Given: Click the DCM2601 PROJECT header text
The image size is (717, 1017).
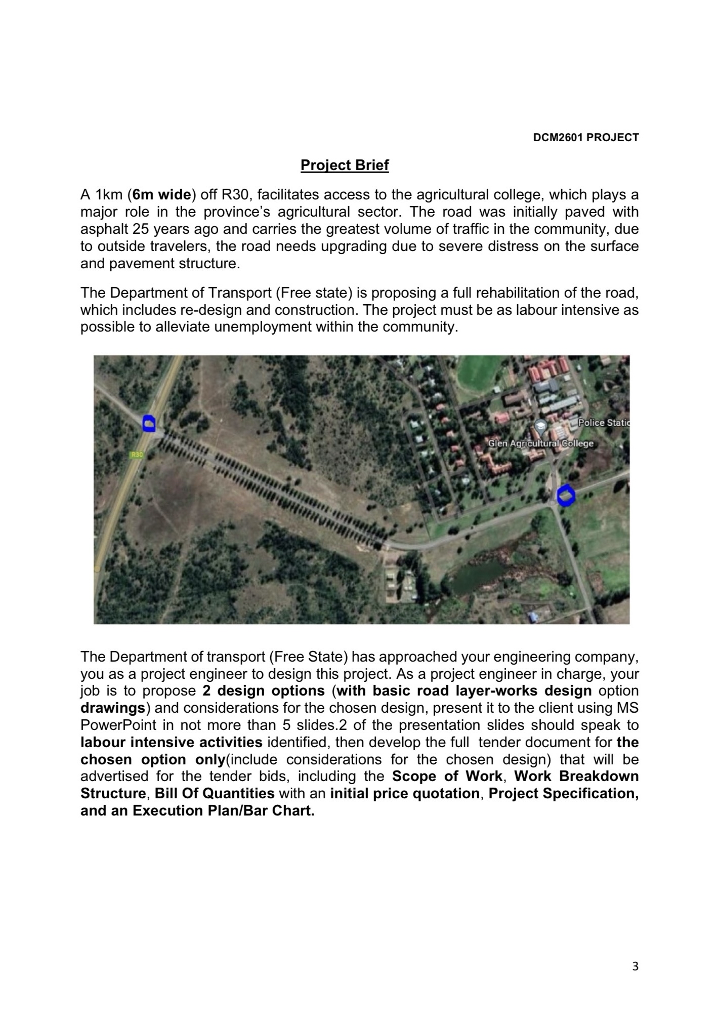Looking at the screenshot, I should tap(586, 137).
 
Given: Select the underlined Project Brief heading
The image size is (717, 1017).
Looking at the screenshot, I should tap(345, 166).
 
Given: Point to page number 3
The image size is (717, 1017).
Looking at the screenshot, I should tap(636, 966).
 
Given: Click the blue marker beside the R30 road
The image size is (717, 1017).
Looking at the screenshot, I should tap(148, 423).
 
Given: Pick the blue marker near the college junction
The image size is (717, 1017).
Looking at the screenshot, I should tap(566, 495).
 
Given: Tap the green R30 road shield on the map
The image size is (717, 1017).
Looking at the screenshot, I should tap(137, 455).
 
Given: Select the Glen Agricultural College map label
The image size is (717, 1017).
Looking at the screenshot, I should tap(540, 443).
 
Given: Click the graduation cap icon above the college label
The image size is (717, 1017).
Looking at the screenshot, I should tap(540, 425).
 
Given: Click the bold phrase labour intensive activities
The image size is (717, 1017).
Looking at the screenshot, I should tap(171, 743).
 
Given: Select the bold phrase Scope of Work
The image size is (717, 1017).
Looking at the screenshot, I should tap(447, 777).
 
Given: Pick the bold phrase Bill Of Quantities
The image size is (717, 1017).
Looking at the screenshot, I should tap(215, 794).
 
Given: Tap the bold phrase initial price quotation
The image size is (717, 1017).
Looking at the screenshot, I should tap(405, 794).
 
